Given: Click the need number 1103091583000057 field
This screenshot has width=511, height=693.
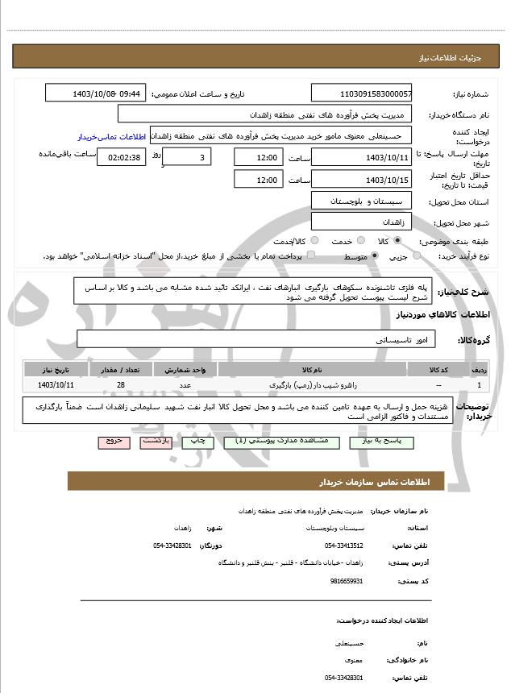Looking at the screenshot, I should click(x=361, y=93).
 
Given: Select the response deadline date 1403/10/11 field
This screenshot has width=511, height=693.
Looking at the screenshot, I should click(x=361, y=156).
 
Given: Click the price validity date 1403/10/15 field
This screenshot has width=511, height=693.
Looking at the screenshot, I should click(x=361, y=179).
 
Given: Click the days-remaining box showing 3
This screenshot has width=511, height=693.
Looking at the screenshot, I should click(x=189, y=156).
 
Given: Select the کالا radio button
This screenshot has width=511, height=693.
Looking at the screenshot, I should click(x=397, y=240).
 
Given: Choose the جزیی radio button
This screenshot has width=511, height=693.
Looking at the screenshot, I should click(x=417, y=255).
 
